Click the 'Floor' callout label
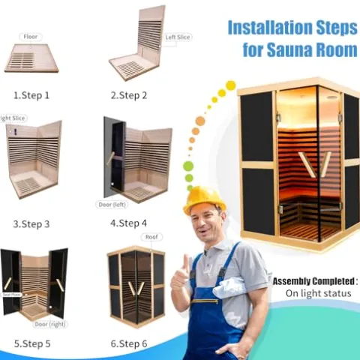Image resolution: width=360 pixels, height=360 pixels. click(x=31, y=36)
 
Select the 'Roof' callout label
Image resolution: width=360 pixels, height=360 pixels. click(x=152, y=237)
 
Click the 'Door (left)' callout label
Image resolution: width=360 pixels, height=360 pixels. click(x=112, y=204)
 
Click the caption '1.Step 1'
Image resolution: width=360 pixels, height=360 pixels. click(x=31, y=95)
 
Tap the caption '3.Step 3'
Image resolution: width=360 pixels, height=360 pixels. click(x=31, y=223)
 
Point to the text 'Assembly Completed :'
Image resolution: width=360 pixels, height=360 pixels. click(x=315, y=280)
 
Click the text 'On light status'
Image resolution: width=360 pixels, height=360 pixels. click(x=317, y=293)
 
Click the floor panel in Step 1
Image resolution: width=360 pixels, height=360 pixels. click(x=31, y=58)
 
